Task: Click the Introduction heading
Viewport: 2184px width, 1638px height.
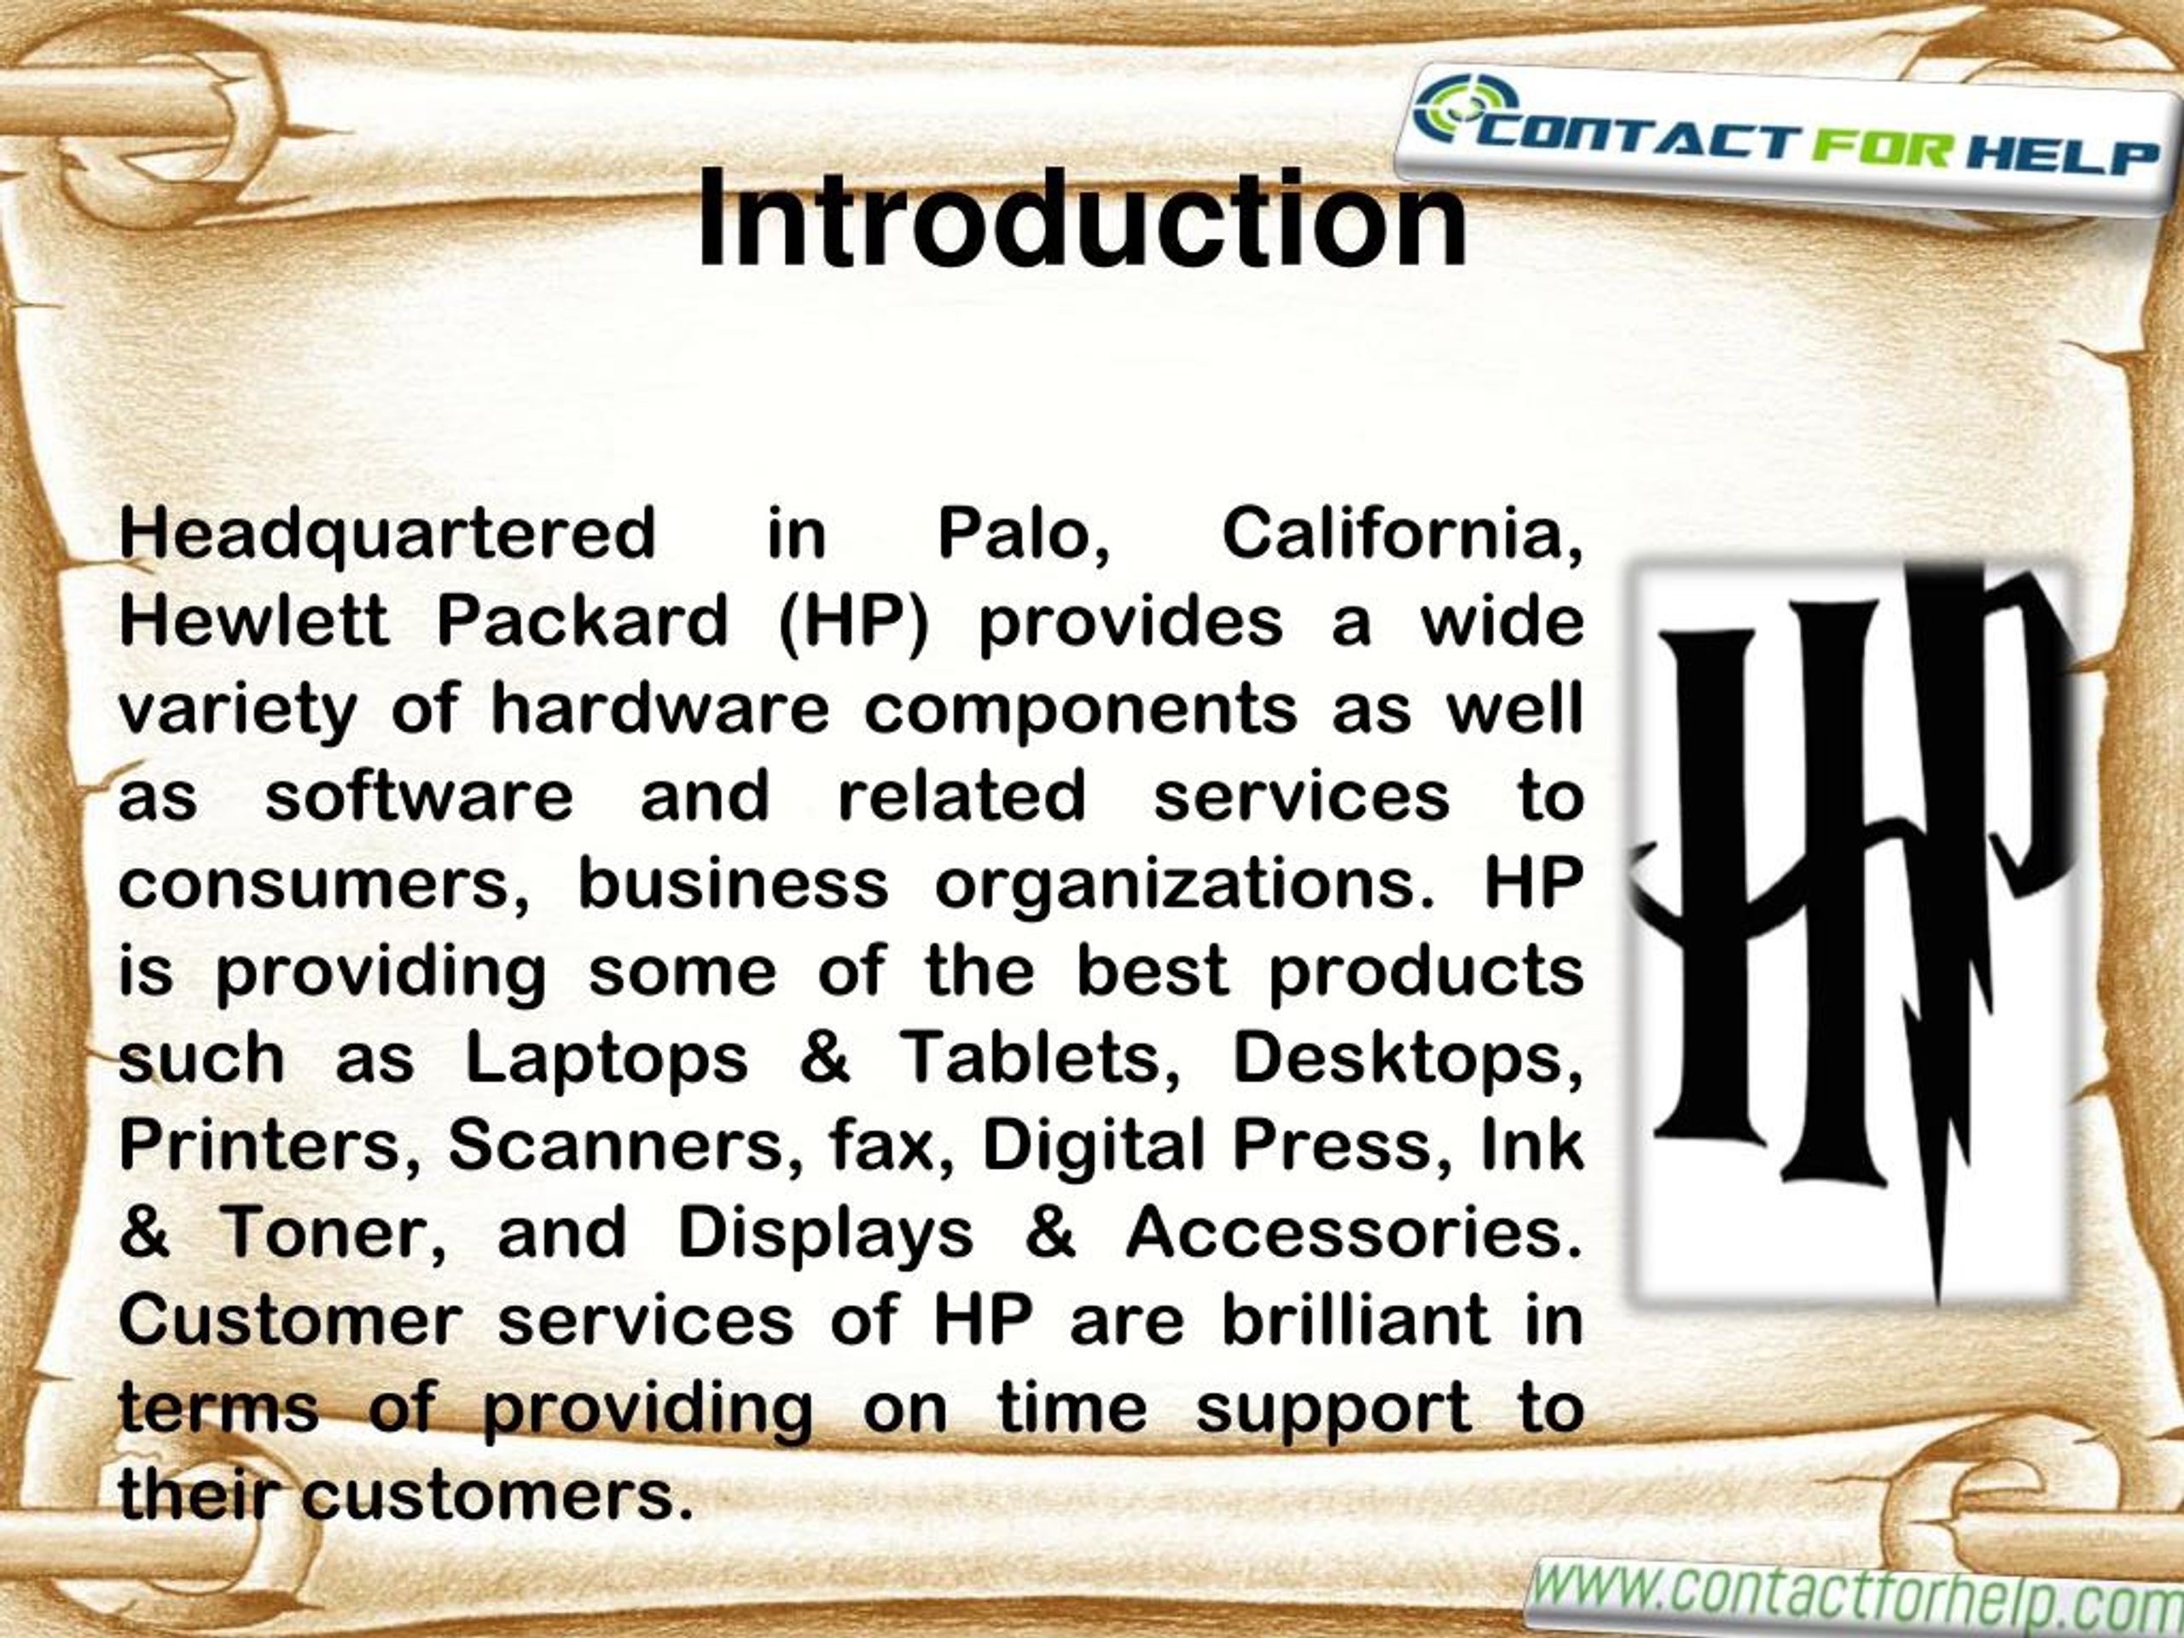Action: [x=1080, y=219]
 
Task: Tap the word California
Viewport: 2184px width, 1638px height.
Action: [x=1402, y=534]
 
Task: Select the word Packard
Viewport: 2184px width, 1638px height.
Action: [x=582, y=622]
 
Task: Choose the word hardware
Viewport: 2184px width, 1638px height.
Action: [x=660, y=709]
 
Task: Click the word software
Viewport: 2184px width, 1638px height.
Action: [x=419, y=796]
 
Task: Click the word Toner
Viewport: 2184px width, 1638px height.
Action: [x=333, y=1233]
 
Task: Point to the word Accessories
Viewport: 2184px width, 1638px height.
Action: [x=1354, y=1233]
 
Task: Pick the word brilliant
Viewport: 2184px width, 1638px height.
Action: [x=1356, y=1319]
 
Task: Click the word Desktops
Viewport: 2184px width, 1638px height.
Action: [x=1406, y=1059]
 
